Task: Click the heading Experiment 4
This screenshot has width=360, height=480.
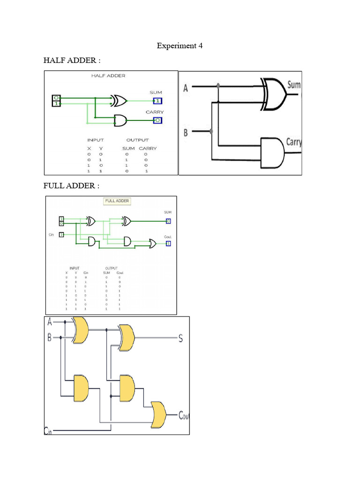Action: (180, 45)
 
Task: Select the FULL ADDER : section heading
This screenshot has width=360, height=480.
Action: (71, 186)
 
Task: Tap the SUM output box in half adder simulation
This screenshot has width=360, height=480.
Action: (158, 100)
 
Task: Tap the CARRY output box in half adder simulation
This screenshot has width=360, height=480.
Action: (158, 120)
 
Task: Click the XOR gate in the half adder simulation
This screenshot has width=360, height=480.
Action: (119, 100)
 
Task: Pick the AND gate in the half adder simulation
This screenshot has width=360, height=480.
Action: (120, 120)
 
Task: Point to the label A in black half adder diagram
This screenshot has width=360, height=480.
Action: (186, 88)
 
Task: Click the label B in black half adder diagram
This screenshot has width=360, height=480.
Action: (186, 133)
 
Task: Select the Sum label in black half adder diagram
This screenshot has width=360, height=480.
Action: (293, 85)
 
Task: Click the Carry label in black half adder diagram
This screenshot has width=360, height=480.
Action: (294, 142)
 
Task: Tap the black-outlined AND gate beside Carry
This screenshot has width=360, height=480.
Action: (272, 153)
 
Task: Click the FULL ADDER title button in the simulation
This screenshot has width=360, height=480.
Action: (117, 201)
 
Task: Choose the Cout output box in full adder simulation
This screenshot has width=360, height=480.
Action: (168, 243)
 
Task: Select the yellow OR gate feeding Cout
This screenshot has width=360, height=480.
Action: (158, 415)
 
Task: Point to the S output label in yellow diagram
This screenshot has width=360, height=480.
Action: (180, 338)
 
